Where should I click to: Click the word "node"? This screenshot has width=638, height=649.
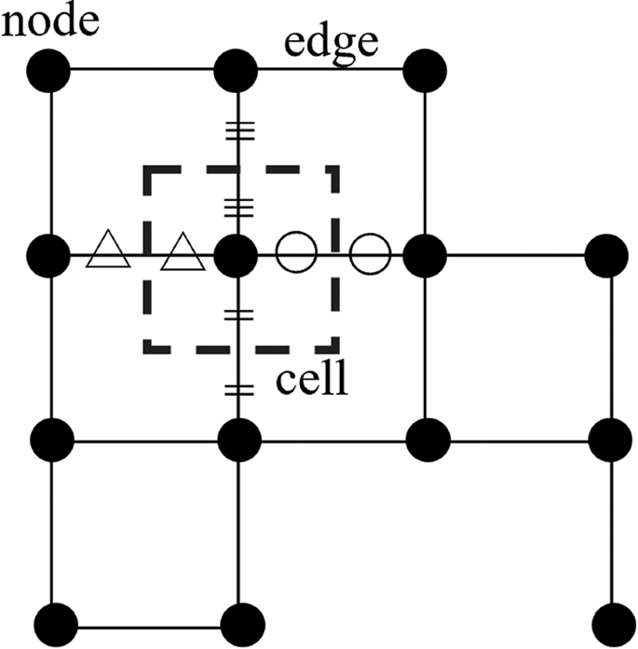click(50, 20)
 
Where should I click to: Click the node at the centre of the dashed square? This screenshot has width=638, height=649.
click(239, 253)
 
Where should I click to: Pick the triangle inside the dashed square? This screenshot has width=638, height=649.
click(183, 252)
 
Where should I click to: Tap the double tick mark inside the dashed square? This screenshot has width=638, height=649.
click(239, 315)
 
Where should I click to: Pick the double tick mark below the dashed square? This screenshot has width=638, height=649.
click(239, 387)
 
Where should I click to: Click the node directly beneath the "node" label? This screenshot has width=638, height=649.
click(50, 70)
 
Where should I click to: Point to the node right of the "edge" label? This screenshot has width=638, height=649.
click(426, 70)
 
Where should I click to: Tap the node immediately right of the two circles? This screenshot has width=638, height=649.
click(426, 253)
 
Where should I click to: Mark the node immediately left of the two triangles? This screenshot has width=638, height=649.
click(50, 253)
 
